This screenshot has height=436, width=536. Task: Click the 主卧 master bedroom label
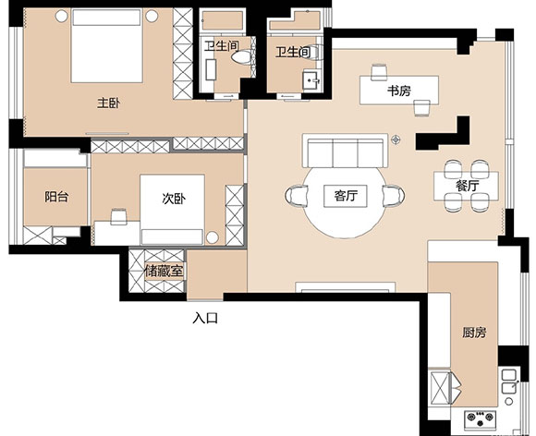109,103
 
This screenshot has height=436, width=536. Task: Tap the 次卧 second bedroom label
174,199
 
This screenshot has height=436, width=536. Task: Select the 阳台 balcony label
56,197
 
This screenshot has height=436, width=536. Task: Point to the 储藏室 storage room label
164,272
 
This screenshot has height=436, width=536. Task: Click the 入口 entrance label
205,319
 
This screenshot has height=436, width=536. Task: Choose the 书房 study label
399,91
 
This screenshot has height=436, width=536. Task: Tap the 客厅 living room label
346,196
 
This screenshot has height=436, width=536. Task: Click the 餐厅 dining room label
467,186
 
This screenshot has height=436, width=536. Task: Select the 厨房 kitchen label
474,333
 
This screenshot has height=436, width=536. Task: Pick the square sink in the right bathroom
312,80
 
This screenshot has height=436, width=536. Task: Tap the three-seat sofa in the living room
346,151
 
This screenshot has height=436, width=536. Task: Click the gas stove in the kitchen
480,419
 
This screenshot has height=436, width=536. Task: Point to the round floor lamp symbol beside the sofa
396,139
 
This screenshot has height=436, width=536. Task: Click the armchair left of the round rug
297,196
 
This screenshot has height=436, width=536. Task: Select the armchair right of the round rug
393,196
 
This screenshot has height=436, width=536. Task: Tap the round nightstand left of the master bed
62,16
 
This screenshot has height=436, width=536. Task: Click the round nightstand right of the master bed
152,16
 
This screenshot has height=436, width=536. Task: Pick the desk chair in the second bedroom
118,217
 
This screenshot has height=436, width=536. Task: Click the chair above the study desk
379,72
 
